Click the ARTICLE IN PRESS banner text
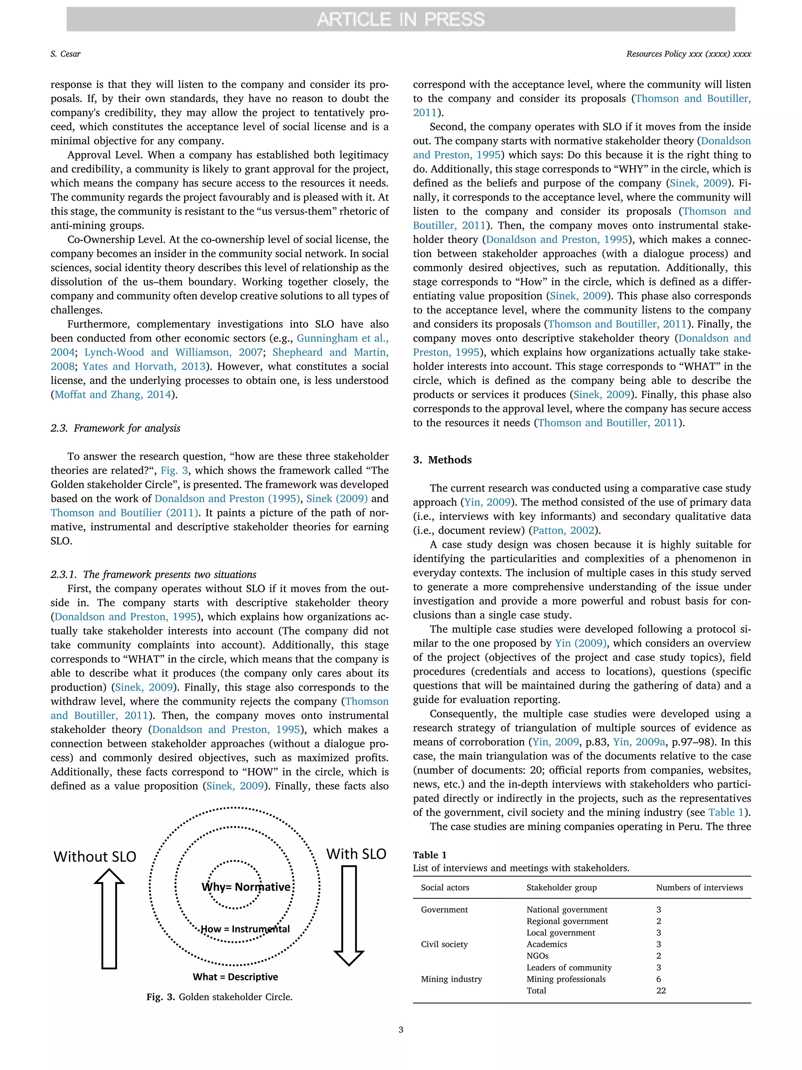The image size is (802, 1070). tap(400, 19)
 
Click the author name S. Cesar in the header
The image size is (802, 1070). tap(65, 54)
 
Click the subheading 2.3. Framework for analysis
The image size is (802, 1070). tap(116, 428)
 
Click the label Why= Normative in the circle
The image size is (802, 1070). tap(246, 887)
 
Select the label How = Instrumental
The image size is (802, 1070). tap(245, 929)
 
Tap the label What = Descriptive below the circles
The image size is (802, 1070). tap(235, 977)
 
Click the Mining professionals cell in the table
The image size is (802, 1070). tap(565, 979)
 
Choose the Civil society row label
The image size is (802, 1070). tap(444, 944)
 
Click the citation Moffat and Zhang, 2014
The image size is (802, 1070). tap(113, 395)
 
